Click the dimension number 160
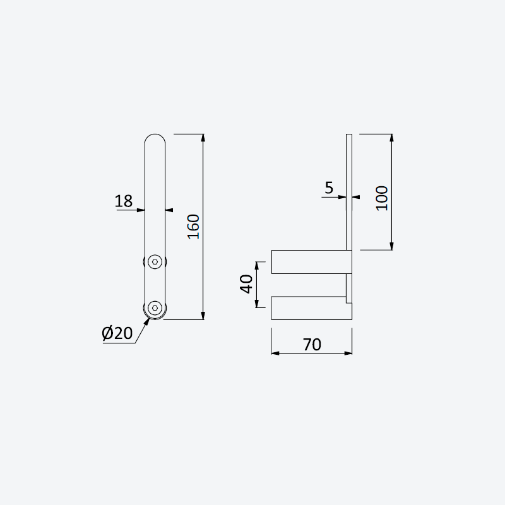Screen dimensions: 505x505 click(194, 227)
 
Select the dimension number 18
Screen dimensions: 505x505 click(123, 201)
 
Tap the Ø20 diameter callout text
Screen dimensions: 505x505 click(117, 333)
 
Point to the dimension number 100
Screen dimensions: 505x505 click(383, 198)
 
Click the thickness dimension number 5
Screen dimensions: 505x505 click(329, 187)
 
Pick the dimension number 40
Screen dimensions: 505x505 click(247, 283)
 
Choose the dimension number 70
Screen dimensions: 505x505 click(312, 345)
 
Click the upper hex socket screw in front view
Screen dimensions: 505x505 click(155, 261)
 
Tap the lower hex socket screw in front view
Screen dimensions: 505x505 click(155, 308)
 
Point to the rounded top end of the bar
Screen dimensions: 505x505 click(155, 134)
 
